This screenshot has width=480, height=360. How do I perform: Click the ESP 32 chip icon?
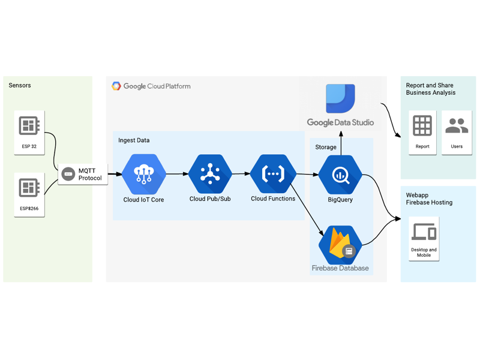[29, 126]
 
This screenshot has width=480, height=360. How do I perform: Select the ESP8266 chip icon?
[29, 188]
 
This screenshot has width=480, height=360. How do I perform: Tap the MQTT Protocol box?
[83, 175]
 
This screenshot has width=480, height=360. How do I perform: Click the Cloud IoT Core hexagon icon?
[143, 174]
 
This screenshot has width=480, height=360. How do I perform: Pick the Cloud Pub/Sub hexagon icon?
[209, 174]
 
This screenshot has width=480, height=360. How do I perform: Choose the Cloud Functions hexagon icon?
[273, 174]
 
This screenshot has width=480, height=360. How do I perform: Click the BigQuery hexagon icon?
[340, 175]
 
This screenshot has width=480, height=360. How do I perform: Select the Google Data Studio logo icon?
[340, 98]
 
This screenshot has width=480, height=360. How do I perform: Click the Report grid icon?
[422, 126]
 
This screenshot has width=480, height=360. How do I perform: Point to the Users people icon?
[457, 126]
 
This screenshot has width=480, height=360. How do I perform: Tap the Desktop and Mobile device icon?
[424, 232]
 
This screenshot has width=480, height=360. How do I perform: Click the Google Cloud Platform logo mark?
[116, 86]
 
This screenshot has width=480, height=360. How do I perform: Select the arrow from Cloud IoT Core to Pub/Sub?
[176, 175]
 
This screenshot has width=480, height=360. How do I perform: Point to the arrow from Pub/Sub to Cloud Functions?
[241, 174]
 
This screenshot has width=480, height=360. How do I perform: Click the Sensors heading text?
[20, 86]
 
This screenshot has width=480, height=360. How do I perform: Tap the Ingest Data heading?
[134, 140]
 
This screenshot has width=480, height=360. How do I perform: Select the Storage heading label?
[326, 147]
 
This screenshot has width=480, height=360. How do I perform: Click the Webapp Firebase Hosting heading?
[429, 199]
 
